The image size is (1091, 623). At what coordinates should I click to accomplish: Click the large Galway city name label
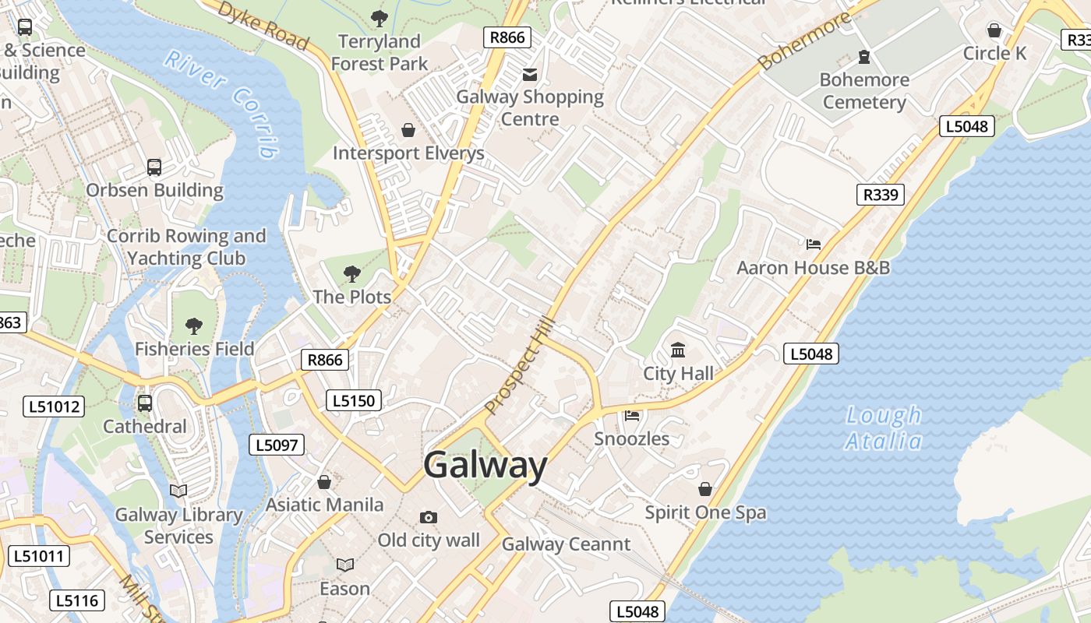pyautogui.click(x=485, y=465)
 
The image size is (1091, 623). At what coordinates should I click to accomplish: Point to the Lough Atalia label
pyautogui.click(x=884, y=428)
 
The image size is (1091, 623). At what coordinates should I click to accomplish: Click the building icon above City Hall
pyautogui.click(x=678, y=350)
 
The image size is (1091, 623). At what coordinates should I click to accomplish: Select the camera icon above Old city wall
pyautogui.click(x=428, y=517)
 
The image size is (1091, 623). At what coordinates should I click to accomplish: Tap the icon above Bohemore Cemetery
pyautogui.click(x=863, y=56)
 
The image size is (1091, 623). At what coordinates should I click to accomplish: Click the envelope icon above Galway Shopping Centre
pyautogui.click(x=530, y=74)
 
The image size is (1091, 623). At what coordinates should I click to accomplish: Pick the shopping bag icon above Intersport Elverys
pyautogui.click(x=408, y=129)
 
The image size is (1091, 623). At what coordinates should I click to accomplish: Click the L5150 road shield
pyautogui.click(x=354, y=400)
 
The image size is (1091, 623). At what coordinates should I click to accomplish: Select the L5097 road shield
pyautogui.click(x=277, y=445)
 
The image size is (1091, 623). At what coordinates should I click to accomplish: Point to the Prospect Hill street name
pyautogui.click(x=519, y=364)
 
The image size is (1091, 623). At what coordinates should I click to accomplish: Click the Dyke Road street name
pyautogui.click(x=263, y=25)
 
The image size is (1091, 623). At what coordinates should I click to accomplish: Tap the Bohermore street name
pyautogui.click(x=804, y=40)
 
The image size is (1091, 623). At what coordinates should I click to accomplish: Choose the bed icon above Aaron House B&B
pyautogui.click(x=813, y=245)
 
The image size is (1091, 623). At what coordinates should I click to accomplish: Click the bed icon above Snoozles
pyautogui.click(x=632, y=416)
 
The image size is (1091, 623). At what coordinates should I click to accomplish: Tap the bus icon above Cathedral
pyautogui.click(x=145, y=403)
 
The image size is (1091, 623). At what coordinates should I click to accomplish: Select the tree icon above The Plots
pyautogui.click(x=351, y=273)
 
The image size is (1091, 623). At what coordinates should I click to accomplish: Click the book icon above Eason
pyautogui.click(x=344, y=565)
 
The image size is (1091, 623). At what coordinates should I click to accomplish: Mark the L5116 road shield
pyautogui.click(x=76, y=600)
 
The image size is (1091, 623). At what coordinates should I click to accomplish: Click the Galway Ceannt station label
pyautogui.click(x=566, y=544)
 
